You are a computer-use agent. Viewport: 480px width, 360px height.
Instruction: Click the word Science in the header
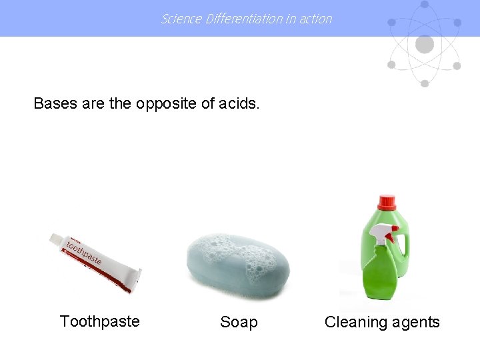181,19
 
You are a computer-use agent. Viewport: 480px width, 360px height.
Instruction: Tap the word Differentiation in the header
243,19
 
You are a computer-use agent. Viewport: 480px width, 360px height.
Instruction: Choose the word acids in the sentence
239,103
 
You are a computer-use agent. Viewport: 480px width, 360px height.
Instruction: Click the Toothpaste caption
99,321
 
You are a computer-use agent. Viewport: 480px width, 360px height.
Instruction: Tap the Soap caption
239,322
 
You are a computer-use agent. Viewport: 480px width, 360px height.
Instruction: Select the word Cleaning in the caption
354,322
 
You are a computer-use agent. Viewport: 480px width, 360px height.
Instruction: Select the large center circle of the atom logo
424,45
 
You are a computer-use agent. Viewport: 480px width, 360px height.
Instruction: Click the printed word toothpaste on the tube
83,253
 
